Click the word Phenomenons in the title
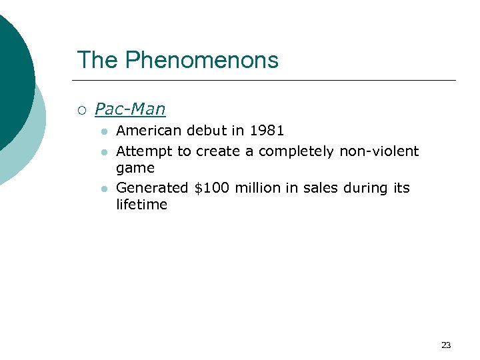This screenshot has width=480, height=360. [x=201, y=60]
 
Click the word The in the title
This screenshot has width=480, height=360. [x=97, y=60]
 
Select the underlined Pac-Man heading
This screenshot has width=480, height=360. [x=130, y=109]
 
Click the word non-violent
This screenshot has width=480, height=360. [x=379, y=151]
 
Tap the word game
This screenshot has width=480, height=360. [x=135, y=168]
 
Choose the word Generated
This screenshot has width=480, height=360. [x=152, y=188]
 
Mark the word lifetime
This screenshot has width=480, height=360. [x=141, y=205]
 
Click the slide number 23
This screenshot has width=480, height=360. [x=446, y=345]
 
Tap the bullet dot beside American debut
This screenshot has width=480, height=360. [x=104, y=131]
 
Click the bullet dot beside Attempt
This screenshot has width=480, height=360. [x=104, y=152]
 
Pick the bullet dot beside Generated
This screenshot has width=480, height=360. [x=104, y=189]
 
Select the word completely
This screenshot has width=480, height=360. [x=295, y=151]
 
